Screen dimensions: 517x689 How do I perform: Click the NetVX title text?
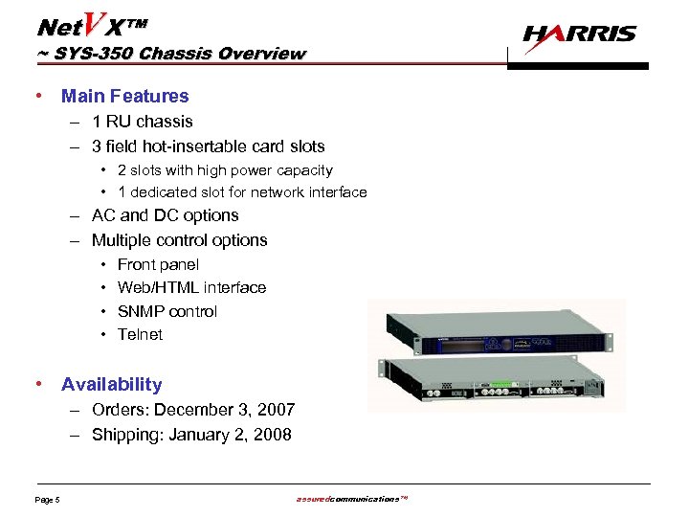coord(92,24)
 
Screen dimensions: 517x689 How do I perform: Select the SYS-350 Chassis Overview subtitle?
coord(171,54)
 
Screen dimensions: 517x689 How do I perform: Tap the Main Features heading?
coord(124,96)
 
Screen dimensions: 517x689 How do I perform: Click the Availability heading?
coord(111,384)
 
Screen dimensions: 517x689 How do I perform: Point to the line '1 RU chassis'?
coord(142,122)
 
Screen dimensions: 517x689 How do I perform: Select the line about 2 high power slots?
coord(225,170)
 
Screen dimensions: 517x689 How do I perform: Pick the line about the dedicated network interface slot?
coord(242,192)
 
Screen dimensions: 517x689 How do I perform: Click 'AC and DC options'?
coord(165,215)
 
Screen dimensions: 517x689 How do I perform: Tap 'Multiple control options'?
coord(179,240)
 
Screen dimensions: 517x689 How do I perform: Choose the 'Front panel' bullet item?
coord(158,264)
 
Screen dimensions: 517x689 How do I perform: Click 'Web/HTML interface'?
coord(191,287)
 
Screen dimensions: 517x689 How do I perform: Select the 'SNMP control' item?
coord(167,311)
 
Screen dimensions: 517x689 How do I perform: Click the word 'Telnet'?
coord(140,334)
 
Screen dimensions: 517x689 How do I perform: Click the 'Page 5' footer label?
coord(48,500)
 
